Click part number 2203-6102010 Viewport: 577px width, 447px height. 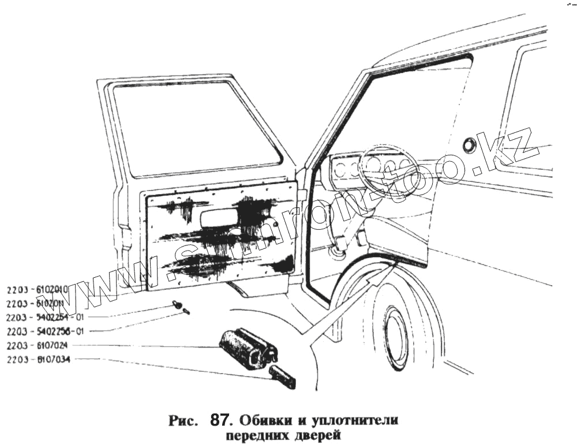click(37, 289)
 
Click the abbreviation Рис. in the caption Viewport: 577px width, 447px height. click(183, 420)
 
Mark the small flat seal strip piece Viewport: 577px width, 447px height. click(282, 376)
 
